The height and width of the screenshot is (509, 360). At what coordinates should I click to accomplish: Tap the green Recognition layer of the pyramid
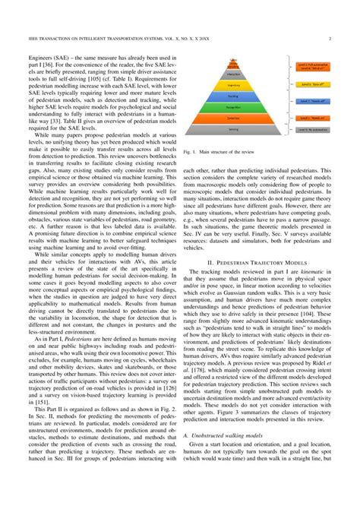click(233, 119)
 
